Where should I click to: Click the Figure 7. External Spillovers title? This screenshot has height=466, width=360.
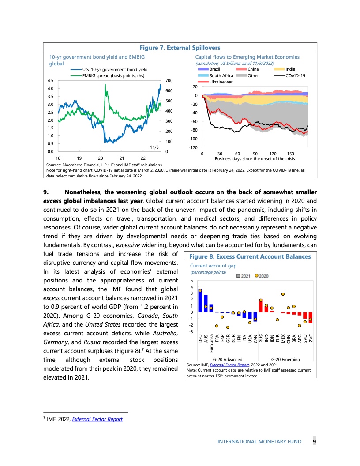(x=180, y=48)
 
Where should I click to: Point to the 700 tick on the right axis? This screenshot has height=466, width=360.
(x=169, y=80)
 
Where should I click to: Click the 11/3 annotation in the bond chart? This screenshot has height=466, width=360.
(x=154, y=147)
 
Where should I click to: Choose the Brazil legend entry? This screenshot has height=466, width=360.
(x=215, y=69)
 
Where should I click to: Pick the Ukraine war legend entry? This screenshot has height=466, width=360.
(x=221, y=82)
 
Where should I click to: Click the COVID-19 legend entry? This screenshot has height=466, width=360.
(x=295, y=75)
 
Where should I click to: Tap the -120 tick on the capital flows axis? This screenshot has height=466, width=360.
(x=192, y=147)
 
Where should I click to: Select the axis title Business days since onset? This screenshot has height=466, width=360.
(x=255, y=158)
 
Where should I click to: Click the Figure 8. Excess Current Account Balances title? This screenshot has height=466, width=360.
(x=250, y=256)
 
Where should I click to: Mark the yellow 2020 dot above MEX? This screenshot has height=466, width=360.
(x=283, y=294)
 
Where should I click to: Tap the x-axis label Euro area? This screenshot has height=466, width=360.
(x=211, y=343)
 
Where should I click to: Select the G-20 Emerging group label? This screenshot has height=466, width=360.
(x=285, y=360)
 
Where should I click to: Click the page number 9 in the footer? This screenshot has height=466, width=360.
(x=314, y=441)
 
